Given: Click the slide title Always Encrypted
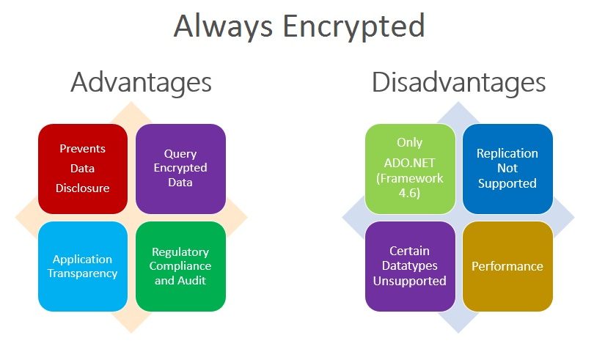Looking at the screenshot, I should (x=299, y=26).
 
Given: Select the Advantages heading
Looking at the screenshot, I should (x=141, y=82).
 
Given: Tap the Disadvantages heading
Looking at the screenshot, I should (x=458, y=82).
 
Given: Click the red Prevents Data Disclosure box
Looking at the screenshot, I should (x=83, y=169).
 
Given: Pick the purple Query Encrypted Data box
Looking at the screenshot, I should (x=181, y=169).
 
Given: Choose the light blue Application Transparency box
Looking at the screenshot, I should (x=83, y=266).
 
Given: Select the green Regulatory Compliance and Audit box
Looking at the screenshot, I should (x=181, y=266).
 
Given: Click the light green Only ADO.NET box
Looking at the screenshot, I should (x=410, y=169).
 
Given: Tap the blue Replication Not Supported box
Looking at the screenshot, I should (x=507, y=169).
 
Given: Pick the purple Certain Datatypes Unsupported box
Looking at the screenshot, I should (x=410, y=266).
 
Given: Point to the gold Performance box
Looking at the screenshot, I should (x=507, y=266).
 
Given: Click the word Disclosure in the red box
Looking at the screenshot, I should (x=83, y=188).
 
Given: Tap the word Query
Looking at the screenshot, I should (x=180, y=154).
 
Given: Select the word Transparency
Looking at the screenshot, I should (x=83, y=273).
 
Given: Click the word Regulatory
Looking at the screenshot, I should (x=180, y=252).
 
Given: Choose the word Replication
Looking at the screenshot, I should (x=507, y=154).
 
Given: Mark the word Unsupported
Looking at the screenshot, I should (x=410, y=281).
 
